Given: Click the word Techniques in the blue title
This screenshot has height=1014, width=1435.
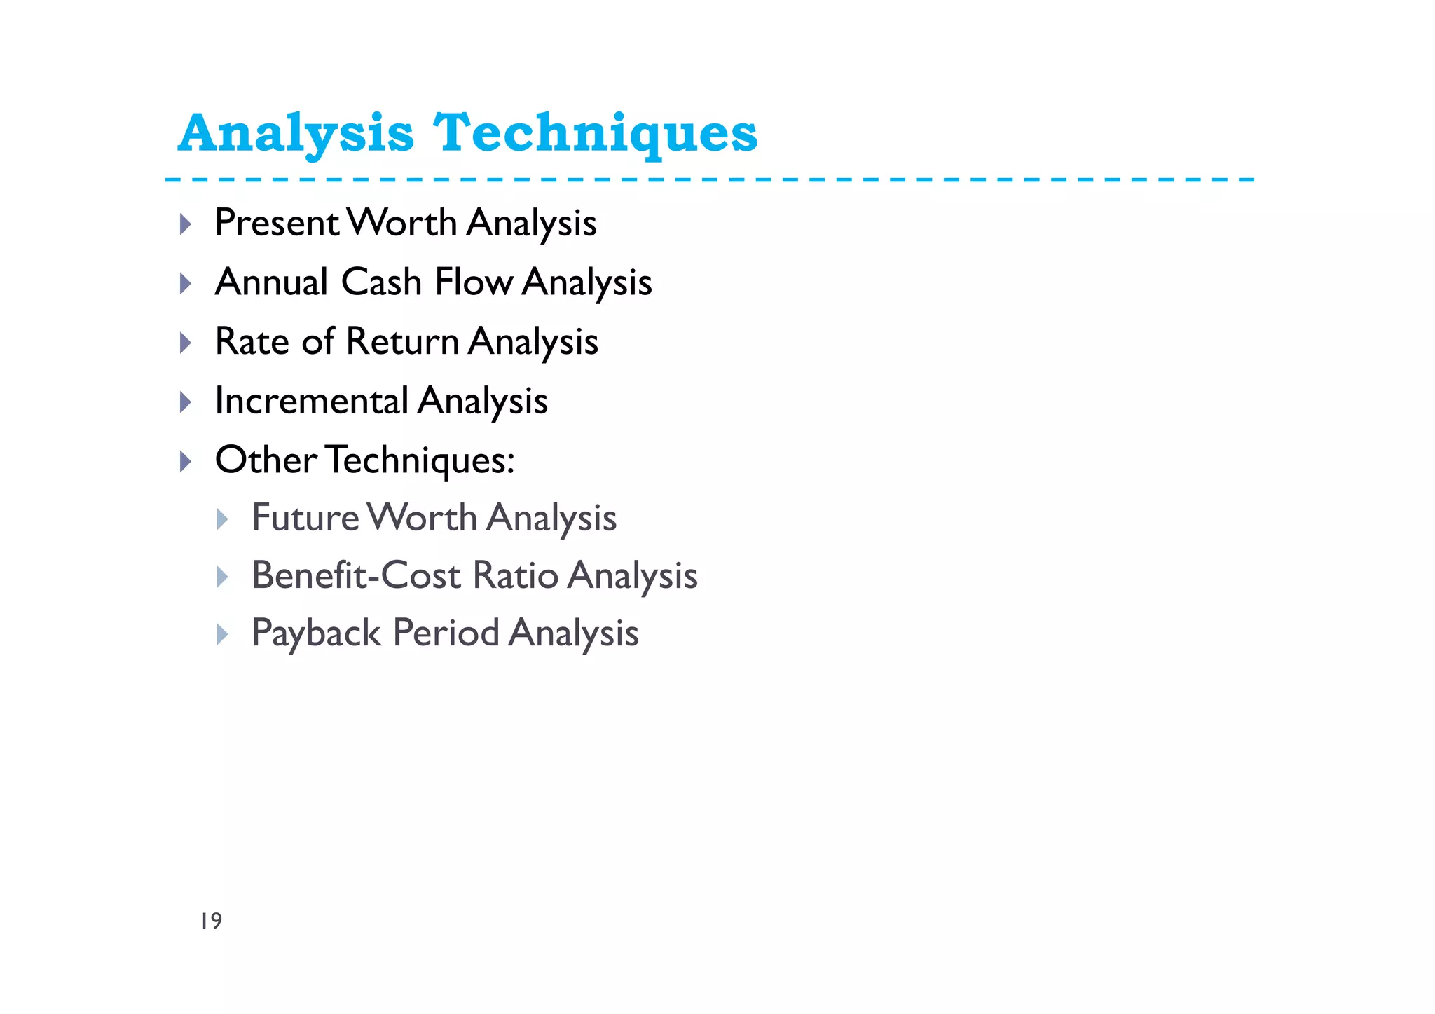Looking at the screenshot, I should [x=596, y=133].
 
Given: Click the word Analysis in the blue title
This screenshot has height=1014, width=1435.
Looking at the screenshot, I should [x=296, y=133].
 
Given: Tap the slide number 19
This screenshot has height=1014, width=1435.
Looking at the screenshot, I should [x=211, y=921].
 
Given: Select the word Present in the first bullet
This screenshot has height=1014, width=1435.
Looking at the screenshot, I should [x=277, y=223].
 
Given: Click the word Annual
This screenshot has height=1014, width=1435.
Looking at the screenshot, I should [x=271, y=282].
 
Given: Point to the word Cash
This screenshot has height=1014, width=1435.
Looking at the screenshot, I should [x=381, y=282].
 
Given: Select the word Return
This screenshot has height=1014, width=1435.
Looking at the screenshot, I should [x=402, y=341].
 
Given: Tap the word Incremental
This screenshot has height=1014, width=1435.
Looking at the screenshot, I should [x=311, y=401].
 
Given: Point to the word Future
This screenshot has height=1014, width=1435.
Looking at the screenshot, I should [x=305, y=518].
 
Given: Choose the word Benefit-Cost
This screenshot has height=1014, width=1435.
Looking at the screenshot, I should [x=356, y=575].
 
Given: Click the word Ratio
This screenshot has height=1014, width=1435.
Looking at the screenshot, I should [x=516, y=575].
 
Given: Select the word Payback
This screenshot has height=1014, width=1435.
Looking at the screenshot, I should [x=316, y=633].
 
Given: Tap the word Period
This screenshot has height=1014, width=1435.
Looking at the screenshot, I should [x=446, y=633].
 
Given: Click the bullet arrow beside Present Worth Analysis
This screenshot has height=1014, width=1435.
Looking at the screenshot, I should [x=186, y=224].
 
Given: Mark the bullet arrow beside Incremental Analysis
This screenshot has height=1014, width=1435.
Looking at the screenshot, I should [x=186, y=402].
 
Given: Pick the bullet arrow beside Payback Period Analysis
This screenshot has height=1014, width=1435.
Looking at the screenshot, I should [x=222, y=635].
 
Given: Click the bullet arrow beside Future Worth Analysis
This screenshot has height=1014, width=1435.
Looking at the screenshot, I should [x=222, y=519].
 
